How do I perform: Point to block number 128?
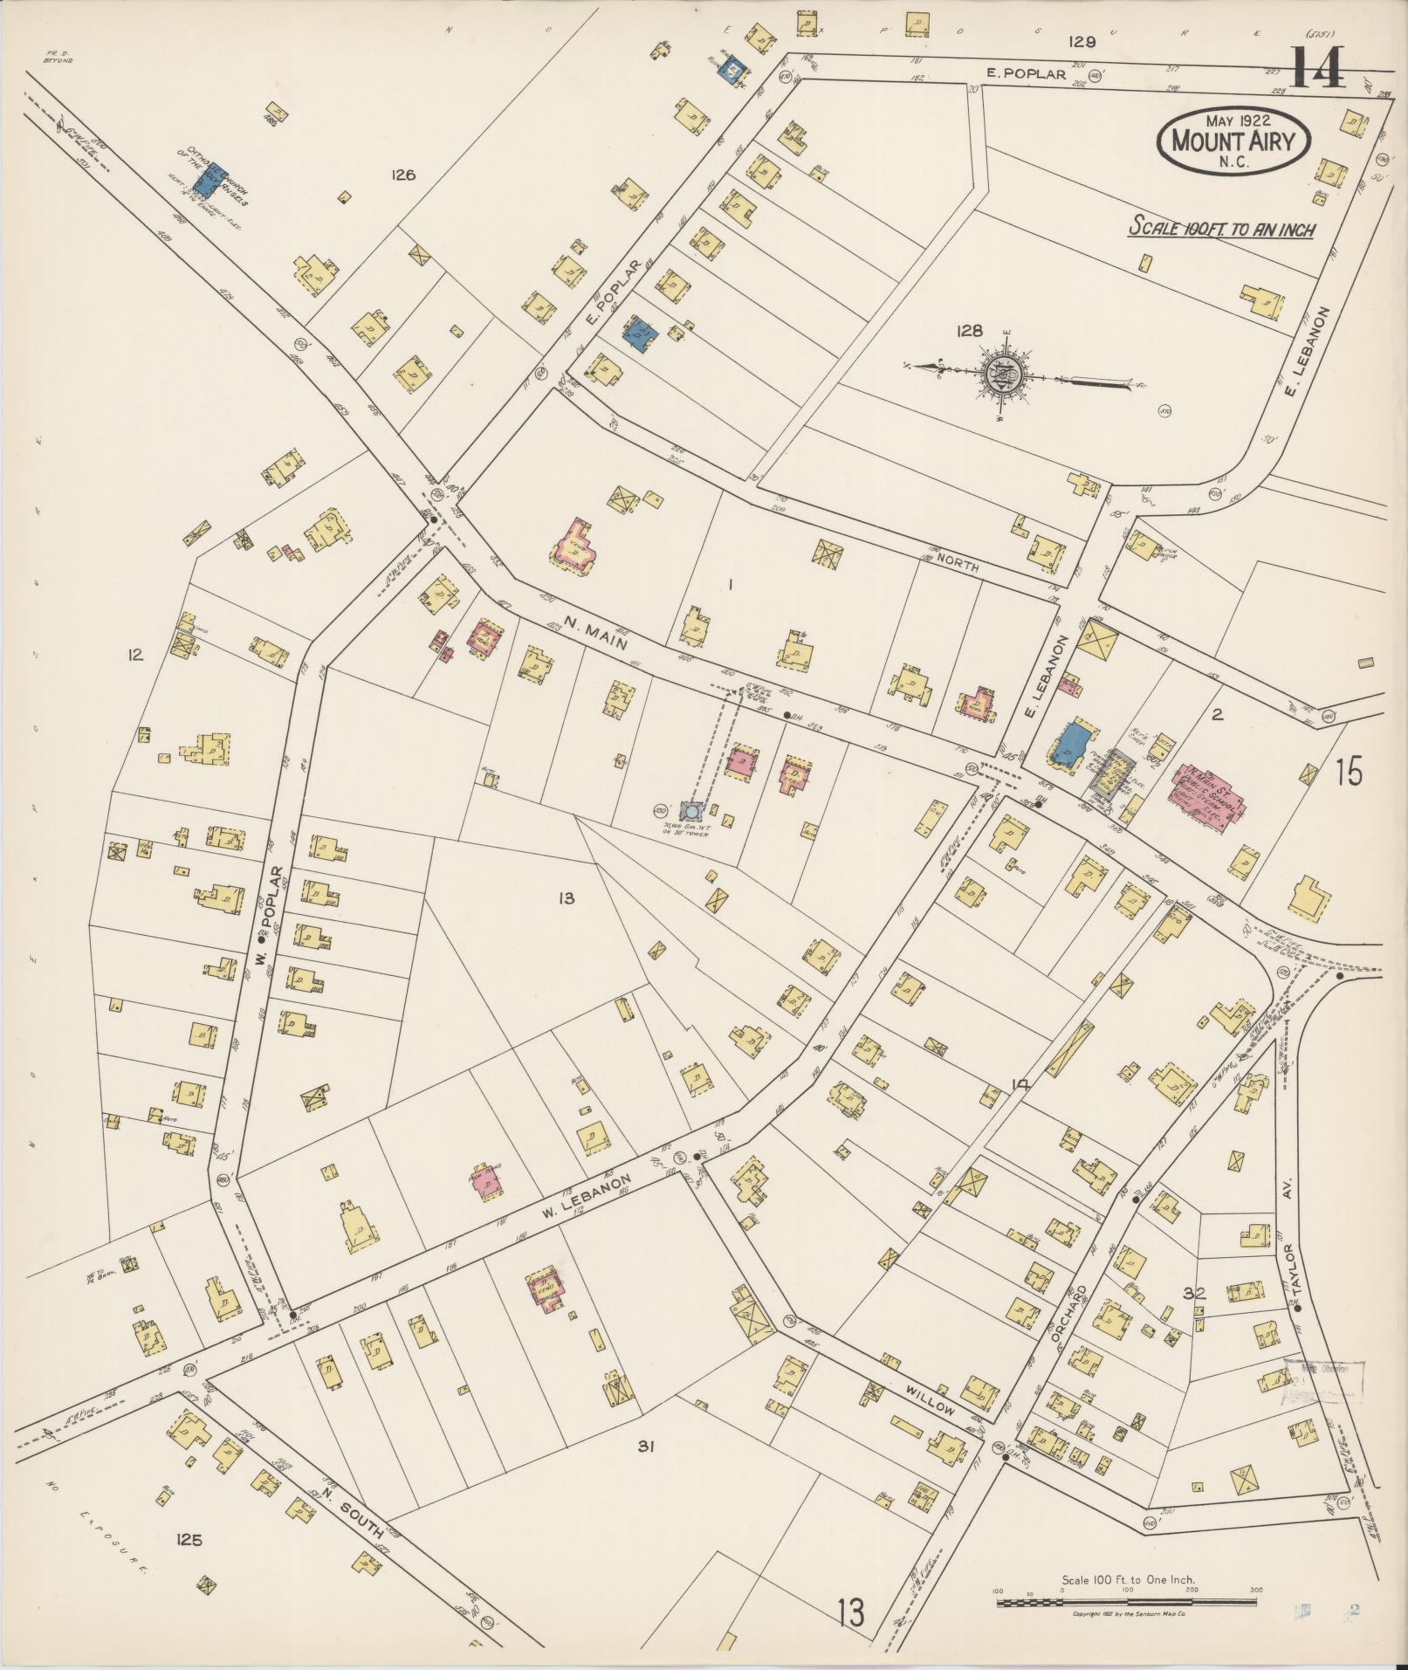969,331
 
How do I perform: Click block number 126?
402,175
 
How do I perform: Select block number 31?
645,1447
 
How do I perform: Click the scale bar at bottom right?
1126,1603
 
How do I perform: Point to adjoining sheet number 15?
1349,772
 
